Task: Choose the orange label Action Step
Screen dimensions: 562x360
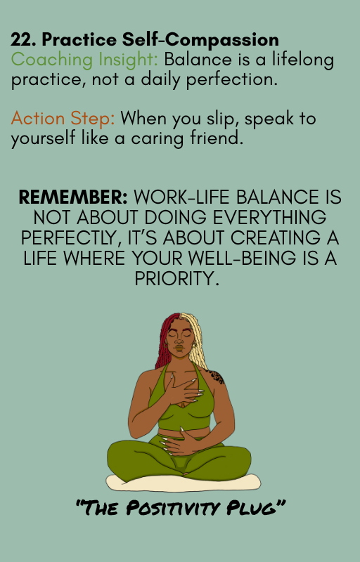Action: tap(62, 119)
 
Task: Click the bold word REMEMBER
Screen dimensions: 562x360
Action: tap(72, 197)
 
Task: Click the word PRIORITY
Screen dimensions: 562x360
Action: tap(180, 279)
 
